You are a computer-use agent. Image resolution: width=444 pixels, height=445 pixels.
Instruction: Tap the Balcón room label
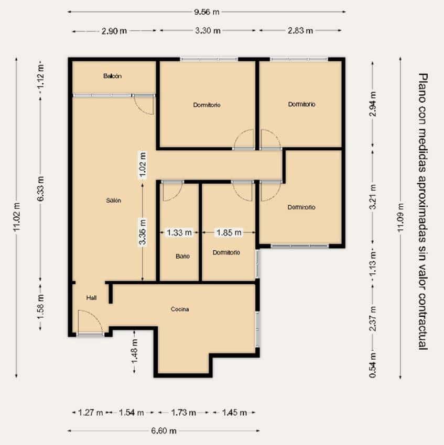coord(112,76)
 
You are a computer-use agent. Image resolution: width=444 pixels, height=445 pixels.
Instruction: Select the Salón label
coord(113,201)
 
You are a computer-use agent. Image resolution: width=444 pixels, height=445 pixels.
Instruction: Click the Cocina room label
coord(180,309)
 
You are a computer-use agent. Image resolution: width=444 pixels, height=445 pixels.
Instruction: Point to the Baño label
coord(182,257)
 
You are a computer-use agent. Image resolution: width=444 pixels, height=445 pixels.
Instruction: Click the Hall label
coord(92,298)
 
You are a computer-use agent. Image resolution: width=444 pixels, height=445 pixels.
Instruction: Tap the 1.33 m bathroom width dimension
coord(178,232)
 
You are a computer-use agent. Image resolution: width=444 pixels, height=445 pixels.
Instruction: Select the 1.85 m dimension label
coord(229,232)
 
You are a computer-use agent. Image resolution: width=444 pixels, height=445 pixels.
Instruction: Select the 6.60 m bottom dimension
coord(164,430)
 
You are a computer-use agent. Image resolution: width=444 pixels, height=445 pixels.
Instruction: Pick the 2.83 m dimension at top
coord(300,30)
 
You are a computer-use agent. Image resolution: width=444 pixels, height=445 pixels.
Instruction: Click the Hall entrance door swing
coord(88,321)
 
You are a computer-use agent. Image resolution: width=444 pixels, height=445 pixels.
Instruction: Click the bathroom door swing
coord(171,192)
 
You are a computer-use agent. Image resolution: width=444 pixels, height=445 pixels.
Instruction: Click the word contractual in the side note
coord(423,321)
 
